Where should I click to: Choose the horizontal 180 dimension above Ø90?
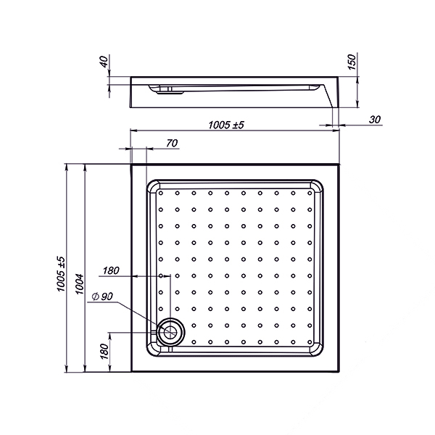coord(111,270)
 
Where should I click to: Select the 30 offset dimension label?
coord(374,120)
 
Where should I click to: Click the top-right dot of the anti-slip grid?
coord(310,193)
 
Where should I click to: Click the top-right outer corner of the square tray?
coord(340,165)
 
